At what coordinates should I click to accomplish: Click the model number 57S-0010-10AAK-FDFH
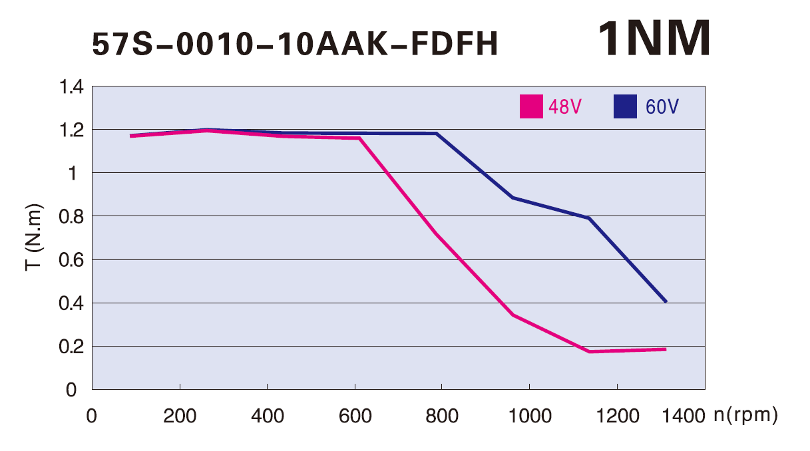294,45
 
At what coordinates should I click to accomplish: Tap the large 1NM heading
654,39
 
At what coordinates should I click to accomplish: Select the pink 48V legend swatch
530,106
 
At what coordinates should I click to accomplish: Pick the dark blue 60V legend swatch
626,106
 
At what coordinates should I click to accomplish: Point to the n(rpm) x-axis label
745,416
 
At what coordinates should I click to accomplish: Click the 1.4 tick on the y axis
71,86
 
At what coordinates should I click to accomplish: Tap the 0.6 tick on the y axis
71,260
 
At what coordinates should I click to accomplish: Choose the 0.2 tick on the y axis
71,347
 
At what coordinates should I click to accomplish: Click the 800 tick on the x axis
442,416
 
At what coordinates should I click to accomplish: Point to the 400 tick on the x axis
267,416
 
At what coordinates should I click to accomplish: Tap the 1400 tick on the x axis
684,416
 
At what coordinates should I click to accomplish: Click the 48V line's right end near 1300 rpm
665,349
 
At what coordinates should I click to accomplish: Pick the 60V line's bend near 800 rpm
437,134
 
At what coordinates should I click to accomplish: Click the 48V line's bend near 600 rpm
359,138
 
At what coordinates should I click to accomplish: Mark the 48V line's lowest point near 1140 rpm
590,351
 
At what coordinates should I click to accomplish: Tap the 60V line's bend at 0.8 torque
589,218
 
